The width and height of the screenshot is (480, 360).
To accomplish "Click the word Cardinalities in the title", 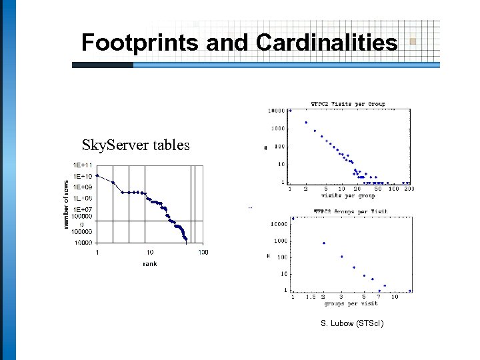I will click(327, 43).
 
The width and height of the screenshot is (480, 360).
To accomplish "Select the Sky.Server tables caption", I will click(136, 145).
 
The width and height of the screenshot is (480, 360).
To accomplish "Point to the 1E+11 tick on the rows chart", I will click(83, 165).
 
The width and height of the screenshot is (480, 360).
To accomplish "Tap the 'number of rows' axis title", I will click(67, 205).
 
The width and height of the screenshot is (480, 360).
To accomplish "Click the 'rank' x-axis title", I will click(150, 264).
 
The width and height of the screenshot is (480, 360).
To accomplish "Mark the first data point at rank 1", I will click(97, 176).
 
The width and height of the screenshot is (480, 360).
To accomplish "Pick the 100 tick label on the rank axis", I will click(203, 252).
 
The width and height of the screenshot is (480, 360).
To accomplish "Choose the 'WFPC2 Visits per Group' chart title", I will click(348, 104).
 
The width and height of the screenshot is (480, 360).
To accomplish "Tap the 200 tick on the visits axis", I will click(409, 189).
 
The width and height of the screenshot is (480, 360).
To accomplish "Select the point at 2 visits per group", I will click(306, 123).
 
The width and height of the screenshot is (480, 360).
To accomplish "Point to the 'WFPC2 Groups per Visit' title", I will click(351, 212).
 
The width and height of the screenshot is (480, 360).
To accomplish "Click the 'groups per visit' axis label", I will click(351, 303).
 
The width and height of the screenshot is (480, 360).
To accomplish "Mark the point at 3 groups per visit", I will click(342, 256).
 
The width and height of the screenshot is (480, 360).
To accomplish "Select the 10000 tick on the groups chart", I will click(278, 225).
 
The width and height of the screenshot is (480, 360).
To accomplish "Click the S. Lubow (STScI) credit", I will click(352, 323).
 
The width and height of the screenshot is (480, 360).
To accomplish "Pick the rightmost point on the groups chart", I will click(410, 291).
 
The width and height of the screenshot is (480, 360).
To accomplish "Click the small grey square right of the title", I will click(413, 41).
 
